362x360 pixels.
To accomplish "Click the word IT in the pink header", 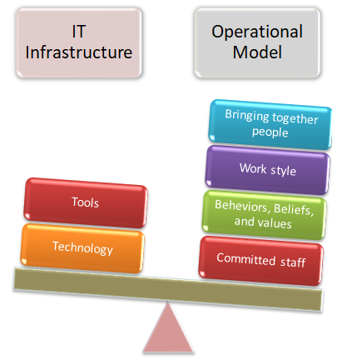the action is tap(78, 32).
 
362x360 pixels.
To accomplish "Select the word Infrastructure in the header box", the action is tap(79, 52).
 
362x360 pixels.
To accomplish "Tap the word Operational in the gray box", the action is tap(257, 32).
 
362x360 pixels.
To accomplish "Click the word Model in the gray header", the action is tap(257, 52).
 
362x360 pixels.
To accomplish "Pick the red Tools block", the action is tap(86, 202).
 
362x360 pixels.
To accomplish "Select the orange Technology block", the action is tap(82, 248).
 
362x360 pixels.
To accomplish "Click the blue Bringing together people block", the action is tap(270, 124).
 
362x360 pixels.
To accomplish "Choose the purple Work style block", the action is tap(267, 170).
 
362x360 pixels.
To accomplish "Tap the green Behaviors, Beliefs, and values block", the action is tap(264, 215).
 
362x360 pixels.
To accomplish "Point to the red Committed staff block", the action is tap(260, 261).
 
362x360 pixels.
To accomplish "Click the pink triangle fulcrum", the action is tap(168, 328).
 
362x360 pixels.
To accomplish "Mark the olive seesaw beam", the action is tap(168, 289).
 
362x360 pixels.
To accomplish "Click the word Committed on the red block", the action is tap(246, 259).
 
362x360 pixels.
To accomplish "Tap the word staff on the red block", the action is tap(293, 262).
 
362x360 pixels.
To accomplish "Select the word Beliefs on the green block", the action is tap(294, 209).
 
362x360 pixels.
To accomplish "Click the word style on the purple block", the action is tap(283, 171).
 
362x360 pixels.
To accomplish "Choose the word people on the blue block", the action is tap(270, 132).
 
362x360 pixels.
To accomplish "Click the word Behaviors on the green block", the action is tap(241, 206).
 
